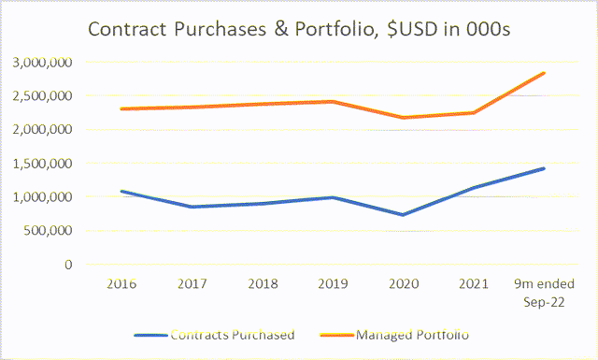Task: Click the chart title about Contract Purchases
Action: coord(298,29)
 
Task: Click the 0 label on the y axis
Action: coord(69,265)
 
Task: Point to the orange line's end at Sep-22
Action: coord(544,73)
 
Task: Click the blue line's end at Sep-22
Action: coord(544,168)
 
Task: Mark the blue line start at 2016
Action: coord(121,192)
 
